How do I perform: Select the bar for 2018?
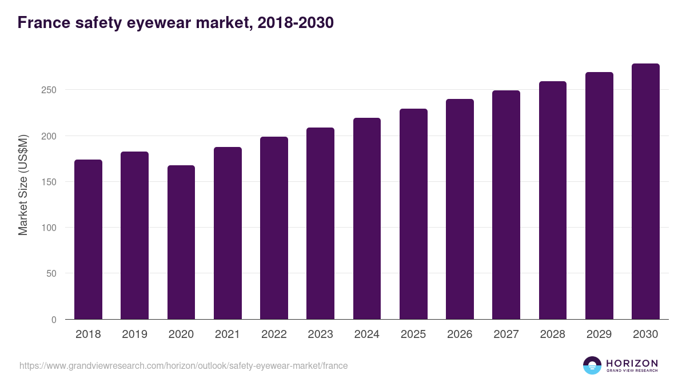pyautogui.click(x=88, y=240)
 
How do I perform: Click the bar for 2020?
pyautogui.click(x=181, y=242)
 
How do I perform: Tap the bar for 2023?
pyautogui.click(x=320, y=224)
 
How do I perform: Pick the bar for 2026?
pyautogui.click(x=460, y=209)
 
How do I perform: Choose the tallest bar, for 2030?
pyautogui.click(x=645, y=192)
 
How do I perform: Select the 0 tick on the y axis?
pyautogui.click(x=54, y=320)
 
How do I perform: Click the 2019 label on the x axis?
pyautogui.click(x=134, y=335)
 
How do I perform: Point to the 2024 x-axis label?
pyautogui.click(x=366, y=335)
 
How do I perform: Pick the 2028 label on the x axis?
pyautogui.click(x=552, y=335)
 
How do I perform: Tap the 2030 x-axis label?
pyautogui.click(x=645, y=335)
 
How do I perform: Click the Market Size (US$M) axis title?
pyautogui.click(x=23, y=184)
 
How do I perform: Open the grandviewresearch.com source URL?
pyautogui.click(x=184, y=365)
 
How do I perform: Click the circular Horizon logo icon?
pyautogui.click(x=592, y=365)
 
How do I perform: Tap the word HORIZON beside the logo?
pyautogui.click(x=632, y=363)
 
